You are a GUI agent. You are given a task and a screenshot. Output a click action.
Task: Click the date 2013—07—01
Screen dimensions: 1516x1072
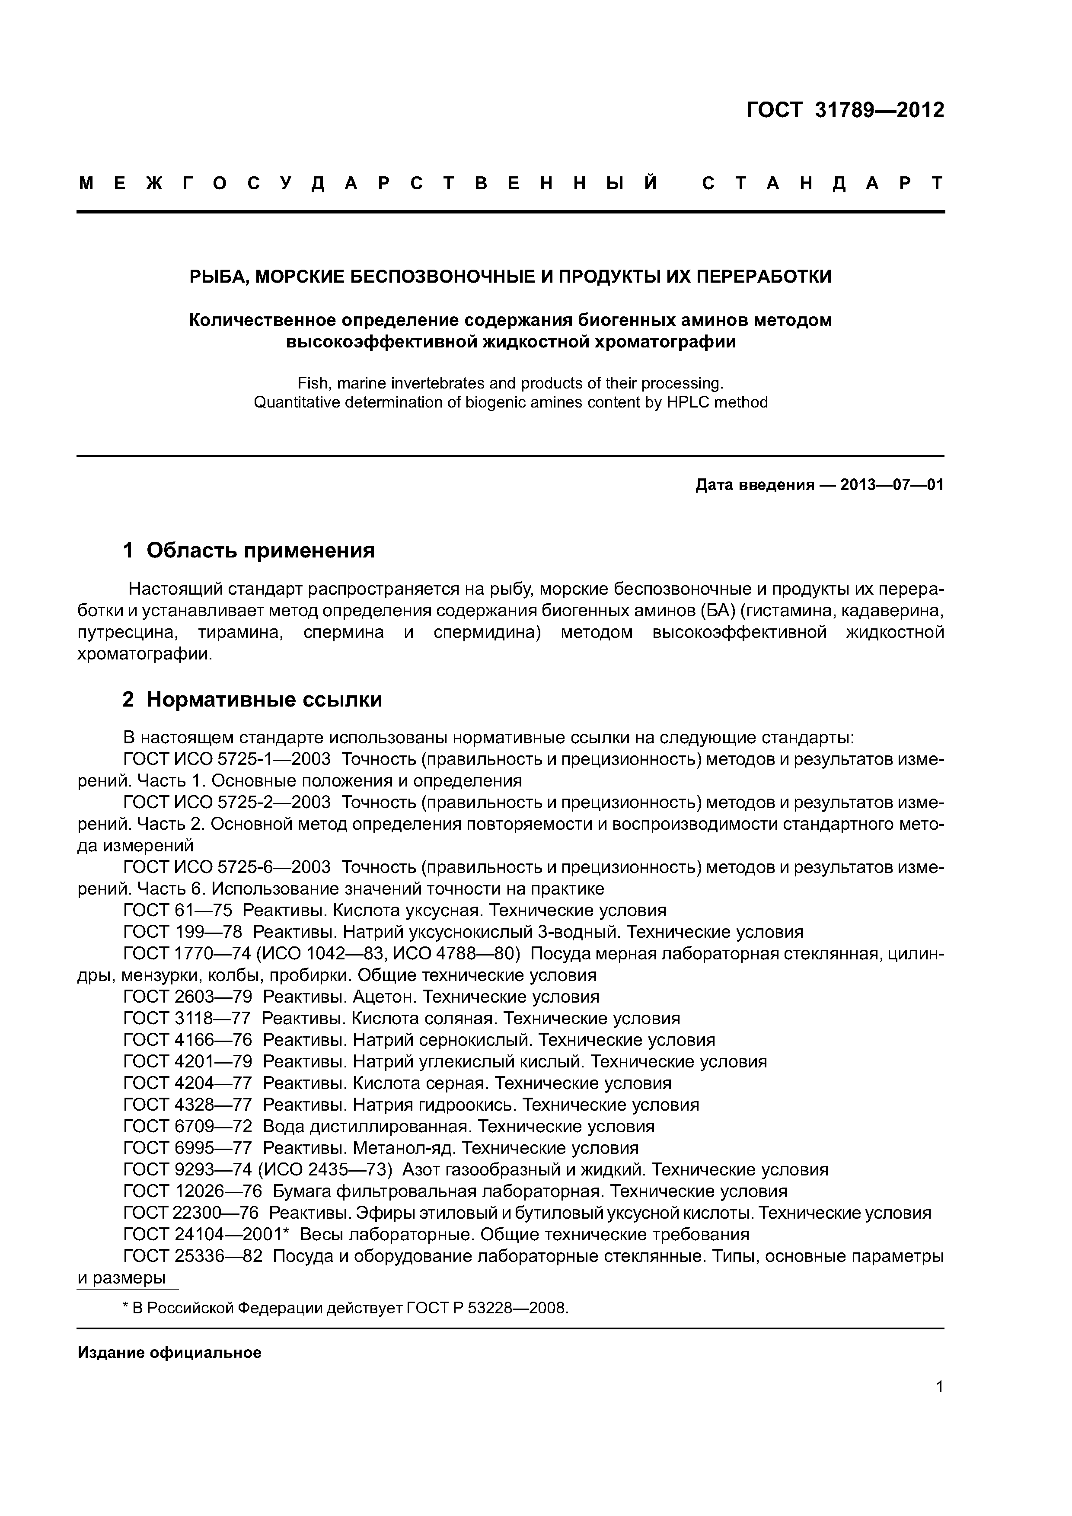[x=892, y=485]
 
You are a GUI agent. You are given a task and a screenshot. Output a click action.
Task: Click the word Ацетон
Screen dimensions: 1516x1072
[x=385, y=997]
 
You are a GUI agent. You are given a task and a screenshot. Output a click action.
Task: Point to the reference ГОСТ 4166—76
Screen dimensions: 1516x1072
[x=188, y=1040]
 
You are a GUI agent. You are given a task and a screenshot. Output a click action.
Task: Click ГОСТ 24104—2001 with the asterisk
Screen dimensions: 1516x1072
[x=207, y=1235]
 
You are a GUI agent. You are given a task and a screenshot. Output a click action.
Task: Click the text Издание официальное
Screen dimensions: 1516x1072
[x=169, y=1353]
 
